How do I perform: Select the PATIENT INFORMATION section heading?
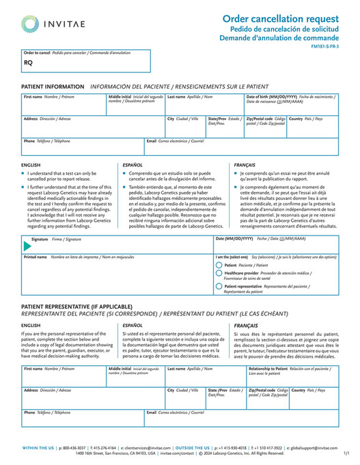(x=53, y=87)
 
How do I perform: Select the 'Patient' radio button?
(x=219, y=264)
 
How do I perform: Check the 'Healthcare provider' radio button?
(x=219, y=274)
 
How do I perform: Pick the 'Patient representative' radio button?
(x=219, y=288)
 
